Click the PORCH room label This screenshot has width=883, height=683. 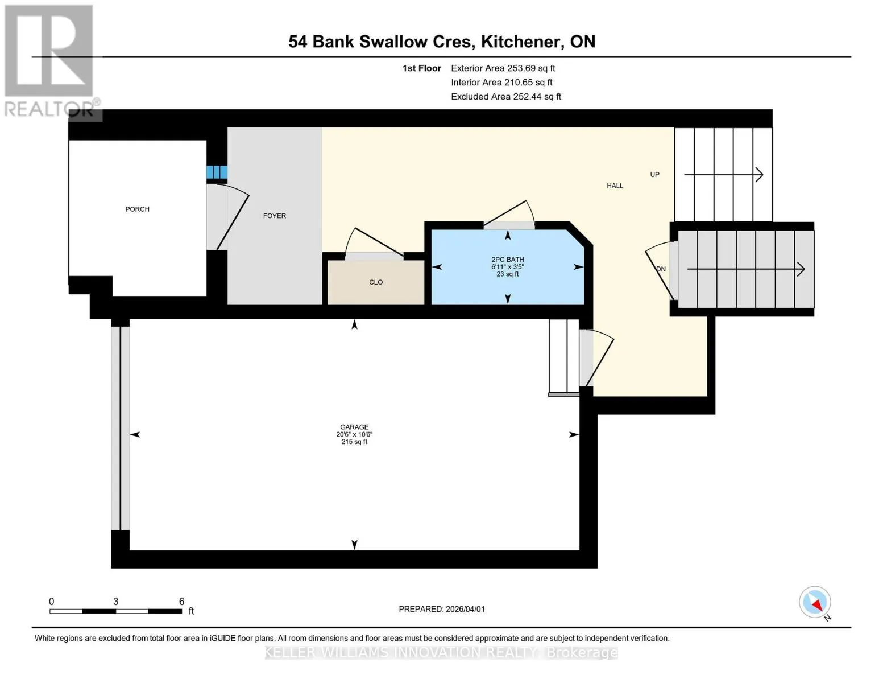tap(138, 209)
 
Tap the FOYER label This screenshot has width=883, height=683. tap(275, 216)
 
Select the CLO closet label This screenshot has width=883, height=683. tap(376, 282)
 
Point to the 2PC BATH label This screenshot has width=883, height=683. tap(508, 259)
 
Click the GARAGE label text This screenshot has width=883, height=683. tap(354, 427)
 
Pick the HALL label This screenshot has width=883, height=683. tap(615, 186)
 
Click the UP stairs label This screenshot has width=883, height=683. tap(654, 175)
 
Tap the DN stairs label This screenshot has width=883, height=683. tap(661, 269)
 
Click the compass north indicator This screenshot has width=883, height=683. tap(815, 602)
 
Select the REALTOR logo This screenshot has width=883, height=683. tap(49, 61)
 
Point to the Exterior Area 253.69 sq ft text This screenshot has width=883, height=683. tap(503, 68)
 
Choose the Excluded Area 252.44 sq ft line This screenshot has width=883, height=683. tap(506, 97)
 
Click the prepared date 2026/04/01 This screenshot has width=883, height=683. tap(465, 609)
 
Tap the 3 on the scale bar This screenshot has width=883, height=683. tap(116, 601)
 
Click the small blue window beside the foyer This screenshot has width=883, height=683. tap(217, 172)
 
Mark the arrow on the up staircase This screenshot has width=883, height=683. tap(724, 175)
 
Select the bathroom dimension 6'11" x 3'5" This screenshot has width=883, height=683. tap(508, 267)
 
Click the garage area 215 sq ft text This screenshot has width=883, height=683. tap(354, 441)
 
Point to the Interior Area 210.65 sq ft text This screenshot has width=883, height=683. tap(501, 83)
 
